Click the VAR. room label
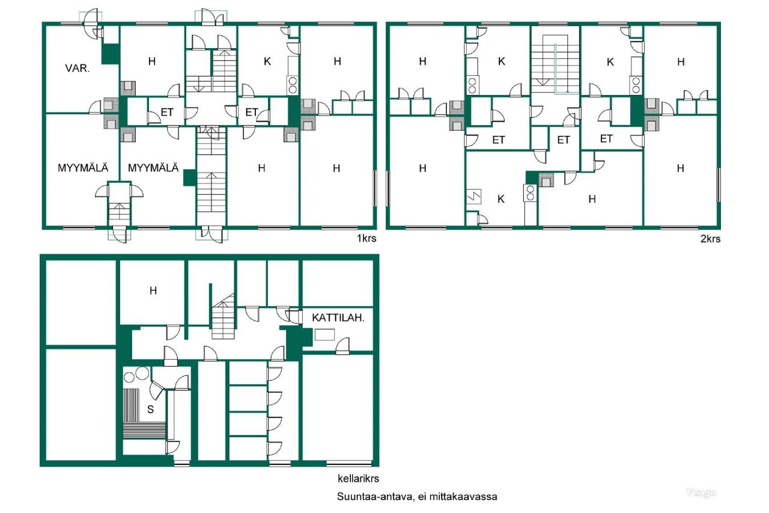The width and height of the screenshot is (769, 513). (78, 68)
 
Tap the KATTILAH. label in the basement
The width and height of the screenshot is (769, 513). (338, 318)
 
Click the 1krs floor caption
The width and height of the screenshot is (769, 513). (367, 238)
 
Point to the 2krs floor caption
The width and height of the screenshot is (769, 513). (710, 238)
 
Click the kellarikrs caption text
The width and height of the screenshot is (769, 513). (359, 479)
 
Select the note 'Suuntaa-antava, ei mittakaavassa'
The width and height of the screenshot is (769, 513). (417, 497)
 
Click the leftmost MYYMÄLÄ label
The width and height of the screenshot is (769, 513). (83, 168)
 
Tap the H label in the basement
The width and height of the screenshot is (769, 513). (153, 290)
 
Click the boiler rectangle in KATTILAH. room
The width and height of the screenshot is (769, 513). (325, 335)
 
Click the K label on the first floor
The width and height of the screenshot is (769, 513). (267, 61)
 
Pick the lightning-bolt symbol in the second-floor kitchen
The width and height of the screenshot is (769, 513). (472, 196)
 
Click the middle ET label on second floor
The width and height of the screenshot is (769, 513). (563, 140)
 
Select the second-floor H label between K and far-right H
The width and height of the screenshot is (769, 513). (592, 199)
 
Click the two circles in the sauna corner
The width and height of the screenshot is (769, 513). (135, 375)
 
